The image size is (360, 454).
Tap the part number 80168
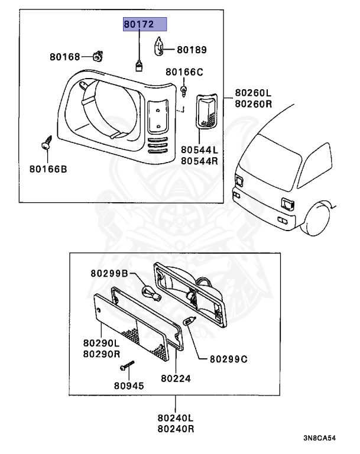[64, 57]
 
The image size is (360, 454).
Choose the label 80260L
[253, 93]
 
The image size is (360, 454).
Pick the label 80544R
[200, 160]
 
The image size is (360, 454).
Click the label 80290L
[101, 342]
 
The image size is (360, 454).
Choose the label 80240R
[176, 429]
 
